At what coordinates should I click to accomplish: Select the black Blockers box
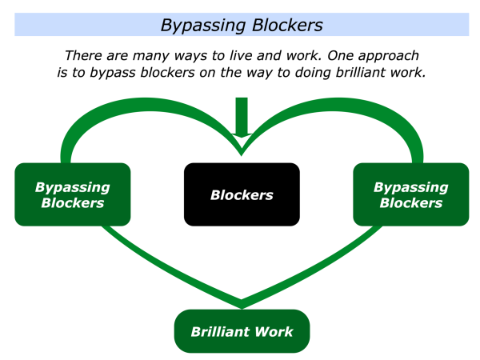coord(242,194)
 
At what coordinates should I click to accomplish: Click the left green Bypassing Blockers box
coord(72,194)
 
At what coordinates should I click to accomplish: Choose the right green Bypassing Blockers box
coord(411,194)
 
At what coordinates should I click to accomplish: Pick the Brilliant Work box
coord(242,331)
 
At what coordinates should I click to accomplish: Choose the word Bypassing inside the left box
coord(72,187)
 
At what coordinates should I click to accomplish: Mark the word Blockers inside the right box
coord(411,202)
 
